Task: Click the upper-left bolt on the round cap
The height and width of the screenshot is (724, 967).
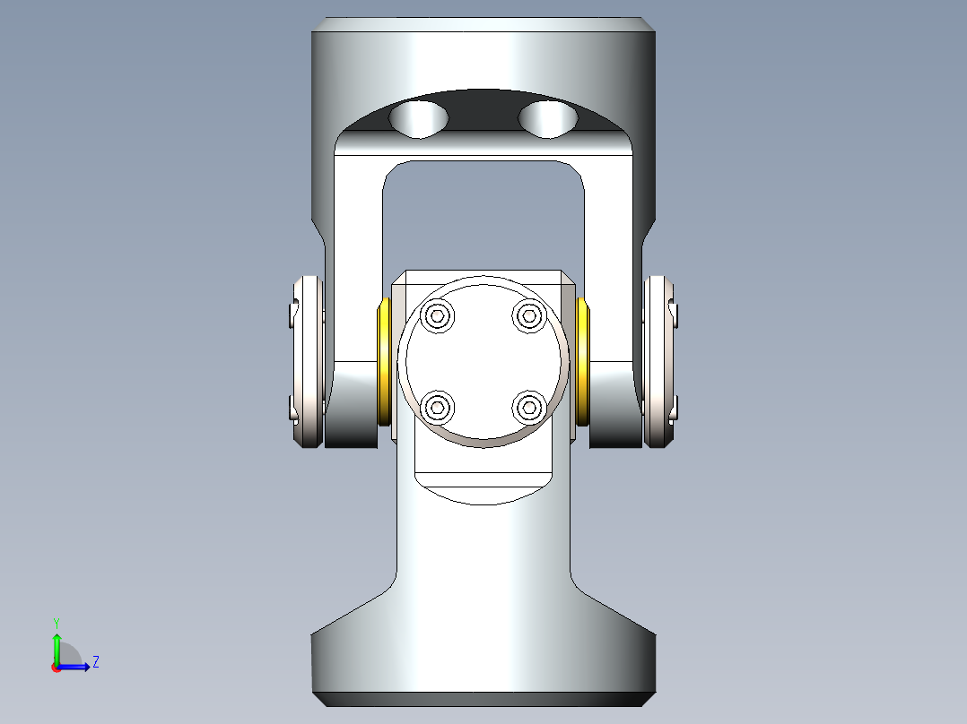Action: (x=438, y=315)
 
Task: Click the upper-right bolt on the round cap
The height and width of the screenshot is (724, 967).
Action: (x=529, y=315)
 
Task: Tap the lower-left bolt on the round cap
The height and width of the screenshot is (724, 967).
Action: (x=438, y=408)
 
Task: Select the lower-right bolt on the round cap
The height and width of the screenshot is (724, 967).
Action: (x=529, y=408)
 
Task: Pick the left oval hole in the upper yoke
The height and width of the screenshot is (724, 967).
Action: (x=422, y=118)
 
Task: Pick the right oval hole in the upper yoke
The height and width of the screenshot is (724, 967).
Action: (x=548, y=118)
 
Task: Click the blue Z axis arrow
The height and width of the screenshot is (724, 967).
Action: (x=76, y=667)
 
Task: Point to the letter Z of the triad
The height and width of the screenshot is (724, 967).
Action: (x=95, y=662)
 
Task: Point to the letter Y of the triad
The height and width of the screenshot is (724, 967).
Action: (x=57, y=622)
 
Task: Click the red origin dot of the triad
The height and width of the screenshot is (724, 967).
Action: (x=56, y=668)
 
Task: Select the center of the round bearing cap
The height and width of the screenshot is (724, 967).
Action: (x=483, y=361)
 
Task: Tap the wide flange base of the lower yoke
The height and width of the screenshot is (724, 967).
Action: (x=483, y=663)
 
